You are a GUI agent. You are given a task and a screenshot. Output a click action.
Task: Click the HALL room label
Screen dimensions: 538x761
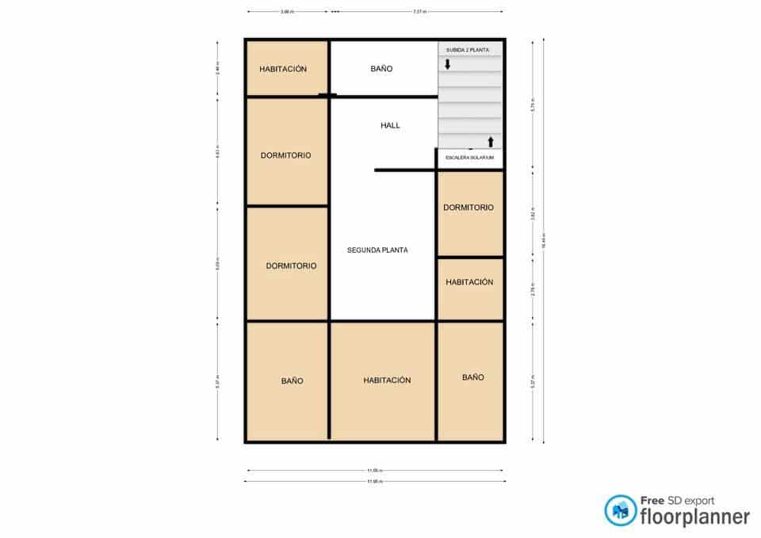coord(390,125)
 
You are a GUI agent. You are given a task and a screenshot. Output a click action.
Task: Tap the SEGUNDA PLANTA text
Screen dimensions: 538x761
coord(377,250)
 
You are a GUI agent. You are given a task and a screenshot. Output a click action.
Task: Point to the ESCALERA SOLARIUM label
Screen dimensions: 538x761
coord(469,158)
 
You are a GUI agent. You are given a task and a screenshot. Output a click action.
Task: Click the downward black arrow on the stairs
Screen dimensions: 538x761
coord(448,64)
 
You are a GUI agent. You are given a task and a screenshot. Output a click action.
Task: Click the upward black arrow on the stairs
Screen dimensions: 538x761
coord(491,142)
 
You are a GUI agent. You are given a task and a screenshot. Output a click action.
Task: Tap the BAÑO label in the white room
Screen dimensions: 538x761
coord(381,69)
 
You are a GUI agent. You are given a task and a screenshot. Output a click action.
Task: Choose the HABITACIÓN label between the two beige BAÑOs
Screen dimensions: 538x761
coord(387,380)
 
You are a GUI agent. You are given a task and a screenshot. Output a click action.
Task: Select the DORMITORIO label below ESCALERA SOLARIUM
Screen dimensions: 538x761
coord(468,208)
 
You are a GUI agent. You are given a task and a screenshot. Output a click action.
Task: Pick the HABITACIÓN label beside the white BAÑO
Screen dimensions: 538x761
coord(283,69)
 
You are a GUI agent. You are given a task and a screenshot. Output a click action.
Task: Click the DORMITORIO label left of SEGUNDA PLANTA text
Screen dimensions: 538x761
coord(291,265)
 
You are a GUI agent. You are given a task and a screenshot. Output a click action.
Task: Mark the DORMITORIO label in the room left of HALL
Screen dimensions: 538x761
coord(285,155)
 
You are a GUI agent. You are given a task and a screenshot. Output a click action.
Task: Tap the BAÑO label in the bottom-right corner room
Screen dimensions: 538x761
coord(472,377)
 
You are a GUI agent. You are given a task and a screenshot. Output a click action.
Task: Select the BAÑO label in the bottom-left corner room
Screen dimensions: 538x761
coord(292,381)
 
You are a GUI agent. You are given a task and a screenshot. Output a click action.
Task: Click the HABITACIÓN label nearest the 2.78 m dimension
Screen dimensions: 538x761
coord(469,282)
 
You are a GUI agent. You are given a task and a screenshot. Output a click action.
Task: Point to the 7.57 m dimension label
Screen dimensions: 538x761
coord(419,12)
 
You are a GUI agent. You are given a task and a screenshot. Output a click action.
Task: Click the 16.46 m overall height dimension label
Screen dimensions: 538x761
coord(543,243)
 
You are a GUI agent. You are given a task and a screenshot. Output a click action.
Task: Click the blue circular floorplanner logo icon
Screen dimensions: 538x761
coord(620,511)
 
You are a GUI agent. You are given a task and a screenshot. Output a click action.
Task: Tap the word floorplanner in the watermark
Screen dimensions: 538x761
coord(694,517)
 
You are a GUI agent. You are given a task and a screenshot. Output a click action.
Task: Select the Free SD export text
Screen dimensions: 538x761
coord(677,501)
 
